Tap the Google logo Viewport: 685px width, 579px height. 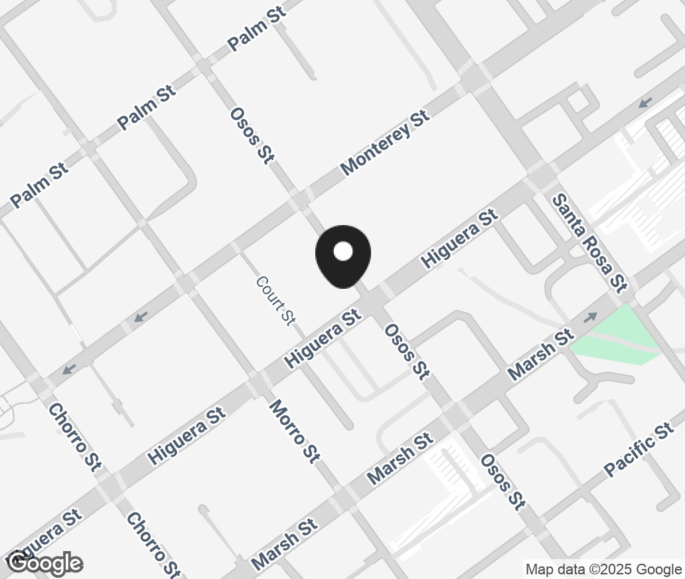[44, 563]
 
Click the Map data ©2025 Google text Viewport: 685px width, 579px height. [603, 569]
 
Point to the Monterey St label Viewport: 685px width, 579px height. [385, 143]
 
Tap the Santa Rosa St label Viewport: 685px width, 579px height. [589, 242]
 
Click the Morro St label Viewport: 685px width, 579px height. [295, 430]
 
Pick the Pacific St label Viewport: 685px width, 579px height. [639, 450]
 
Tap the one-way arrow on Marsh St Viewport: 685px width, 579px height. [589, 318]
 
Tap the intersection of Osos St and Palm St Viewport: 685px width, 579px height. [202, 67]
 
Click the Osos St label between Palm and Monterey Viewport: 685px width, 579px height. [252, 135]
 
